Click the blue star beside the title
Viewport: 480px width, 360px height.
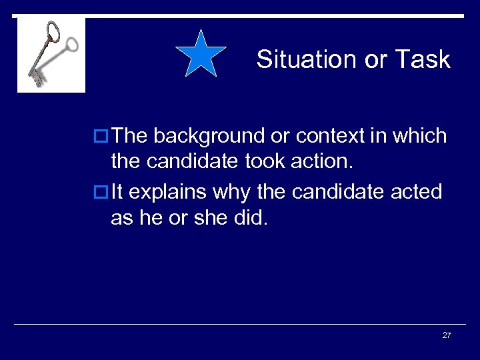point(201,54)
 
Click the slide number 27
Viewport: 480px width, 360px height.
point(447,335)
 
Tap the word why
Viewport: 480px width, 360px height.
point(232,192)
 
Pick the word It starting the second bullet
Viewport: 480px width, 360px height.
point(117,192)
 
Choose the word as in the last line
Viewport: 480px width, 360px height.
point(122,218)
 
